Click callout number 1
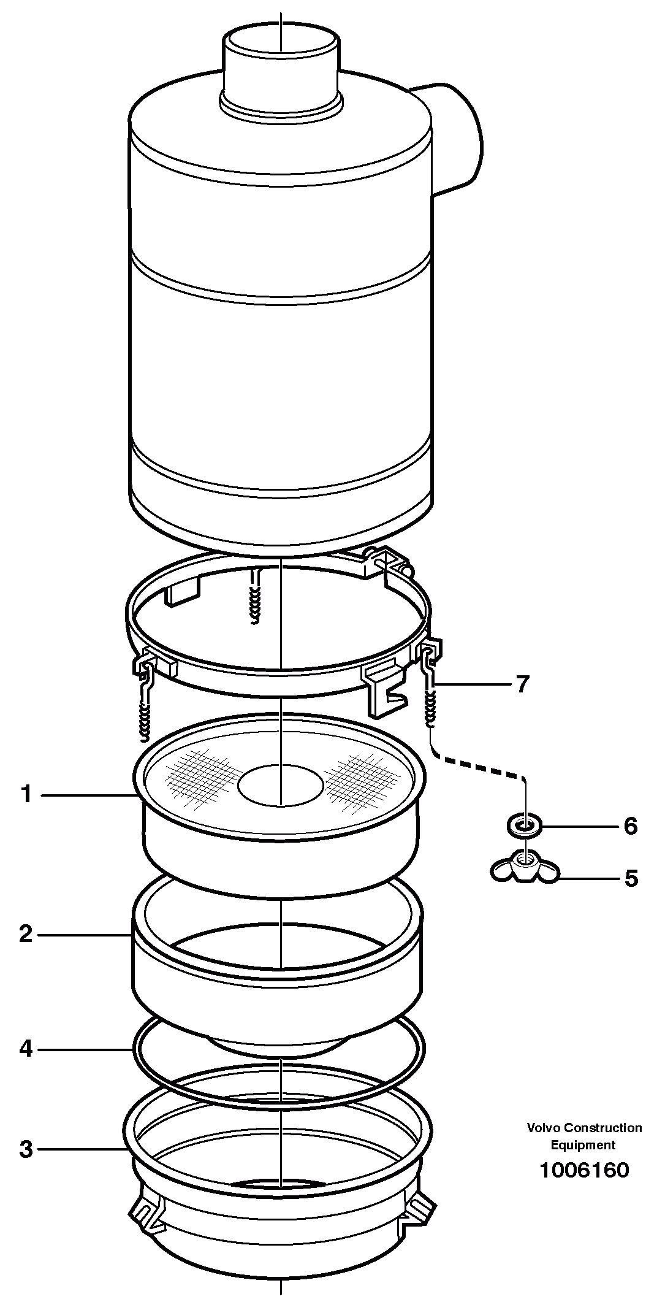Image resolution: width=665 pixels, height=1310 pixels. [26, 795]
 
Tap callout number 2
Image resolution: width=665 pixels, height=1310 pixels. [26, 934]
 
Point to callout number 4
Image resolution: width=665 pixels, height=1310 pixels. [26, 1049]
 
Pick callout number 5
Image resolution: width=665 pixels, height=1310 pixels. [631, 878]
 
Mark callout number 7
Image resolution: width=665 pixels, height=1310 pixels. [522, 684]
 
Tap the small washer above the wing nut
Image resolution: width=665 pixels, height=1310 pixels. [524, 826]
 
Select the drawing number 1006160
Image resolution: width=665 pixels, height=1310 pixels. [583, 1170]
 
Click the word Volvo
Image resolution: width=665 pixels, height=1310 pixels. [544, 1127]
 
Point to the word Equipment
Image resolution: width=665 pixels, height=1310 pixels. [583, 1144]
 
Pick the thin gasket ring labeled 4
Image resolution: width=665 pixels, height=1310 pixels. [136, 1050]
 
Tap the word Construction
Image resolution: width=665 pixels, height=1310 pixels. [603, 1127]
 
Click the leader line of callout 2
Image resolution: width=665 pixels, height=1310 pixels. [86, 935]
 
